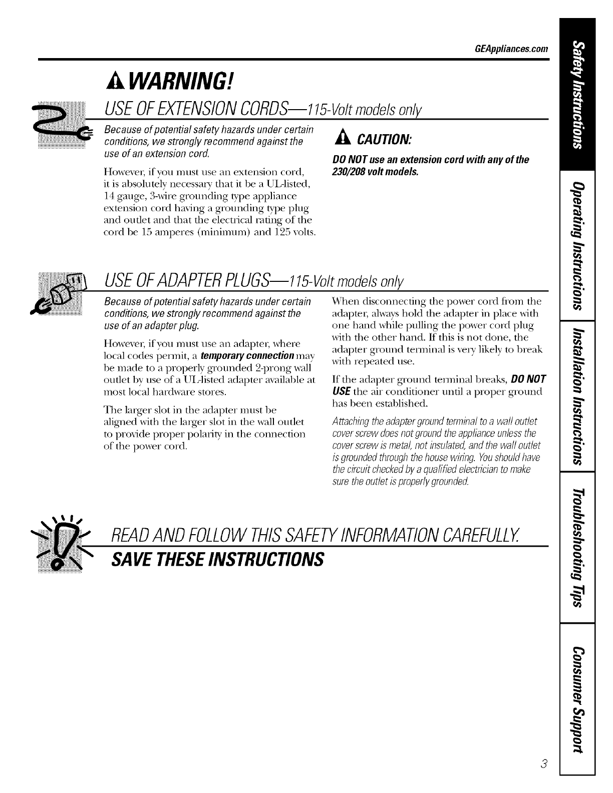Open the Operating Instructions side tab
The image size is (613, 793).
pos(578,245)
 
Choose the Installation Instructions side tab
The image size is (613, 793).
pos(578,395)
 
